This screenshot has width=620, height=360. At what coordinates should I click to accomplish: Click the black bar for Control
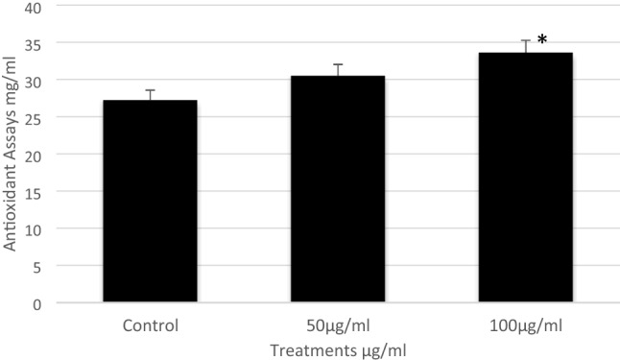click(x=151, y=202)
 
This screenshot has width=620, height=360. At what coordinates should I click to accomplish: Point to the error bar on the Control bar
click(x=151, y=95)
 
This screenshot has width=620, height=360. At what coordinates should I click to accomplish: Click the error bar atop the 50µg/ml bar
click(x=338, y=70)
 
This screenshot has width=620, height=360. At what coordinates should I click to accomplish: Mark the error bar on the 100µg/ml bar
click(x=525, y=46)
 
